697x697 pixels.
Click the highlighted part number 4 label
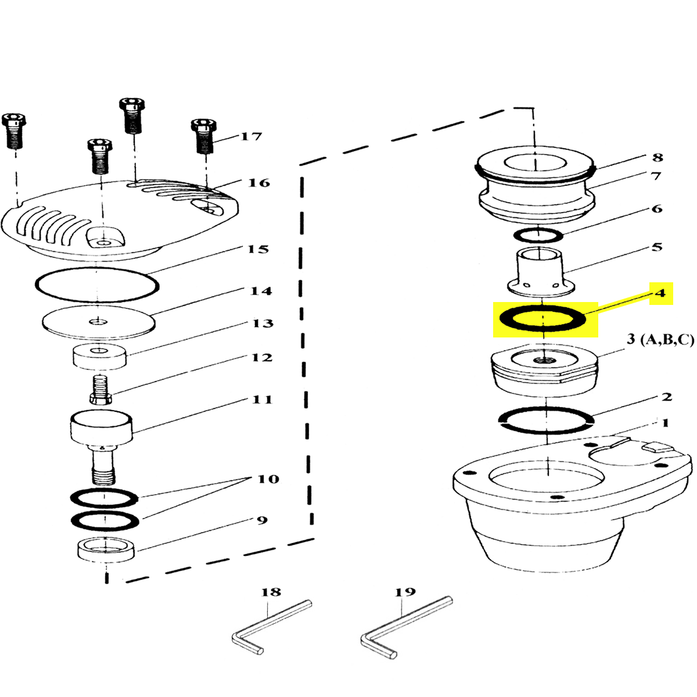tap(660, 293)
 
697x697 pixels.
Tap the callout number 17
tap(251, 137)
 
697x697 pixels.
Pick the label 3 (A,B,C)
tap(660, 340)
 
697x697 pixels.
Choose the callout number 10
tap(268, 479)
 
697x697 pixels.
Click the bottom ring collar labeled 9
tap(106, 549)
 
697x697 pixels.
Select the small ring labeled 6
tap(538, 235)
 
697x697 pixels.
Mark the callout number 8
tap(656, 157)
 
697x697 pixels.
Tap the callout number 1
tap(665, 423)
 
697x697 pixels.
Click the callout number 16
tap(258, 183)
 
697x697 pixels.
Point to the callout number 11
tap(261, 400)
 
